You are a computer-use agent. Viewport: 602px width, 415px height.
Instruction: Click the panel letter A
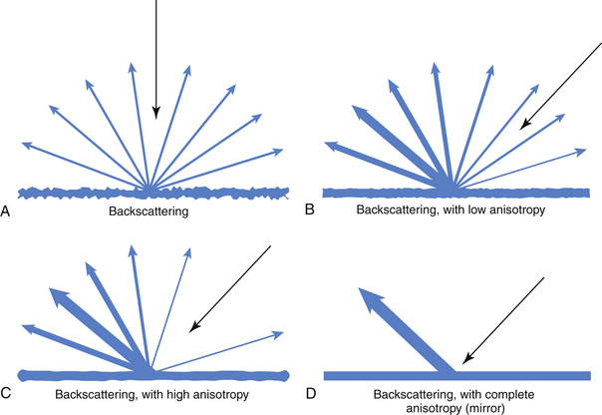7,211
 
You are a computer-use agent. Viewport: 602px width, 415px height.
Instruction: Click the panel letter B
309,211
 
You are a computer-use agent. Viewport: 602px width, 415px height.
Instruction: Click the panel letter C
7,394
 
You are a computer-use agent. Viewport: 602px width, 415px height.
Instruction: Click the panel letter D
309,394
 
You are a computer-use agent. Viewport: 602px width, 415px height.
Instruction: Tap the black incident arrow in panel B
558,84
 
